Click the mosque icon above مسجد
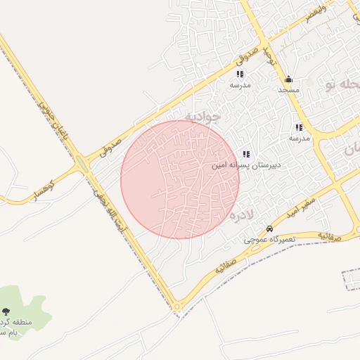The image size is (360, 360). click(x=288, y=79)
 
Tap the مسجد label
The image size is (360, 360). click(x=288, y=90)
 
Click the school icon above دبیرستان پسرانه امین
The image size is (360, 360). click(x=246, y=154)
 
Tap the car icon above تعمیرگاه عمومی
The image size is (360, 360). click(x=269, y=229)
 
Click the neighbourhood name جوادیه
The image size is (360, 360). click(x=202, y=115)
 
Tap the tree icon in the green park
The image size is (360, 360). click(x=6, y=311)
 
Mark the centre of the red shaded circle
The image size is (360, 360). click(x=180, y=179)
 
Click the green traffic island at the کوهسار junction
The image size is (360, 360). click(x=82, y=166)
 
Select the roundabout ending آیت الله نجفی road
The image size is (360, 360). click(x=176, y=307)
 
